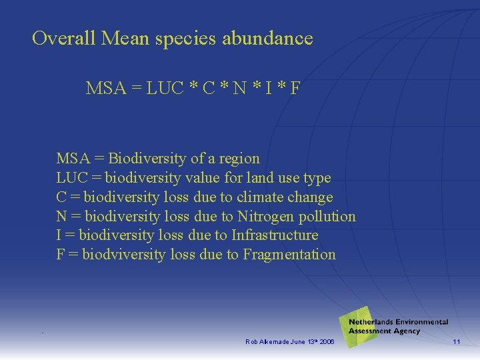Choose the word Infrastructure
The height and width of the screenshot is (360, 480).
pyautogui.click(x=275, y=235)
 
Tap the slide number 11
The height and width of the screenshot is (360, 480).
pyautogui.click(x=457, y=342)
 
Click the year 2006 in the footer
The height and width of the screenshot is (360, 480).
pyautogui.click(x=328, y=342)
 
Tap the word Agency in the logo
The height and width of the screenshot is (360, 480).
pyautogui.click(x=406, y=331)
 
